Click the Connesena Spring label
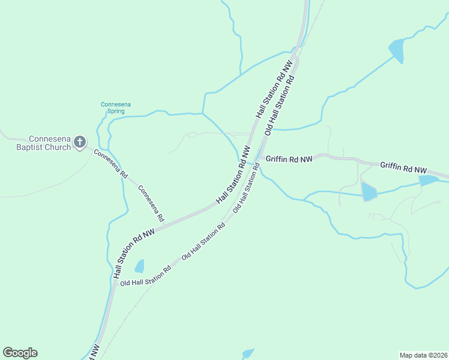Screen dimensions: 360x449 point(115,107)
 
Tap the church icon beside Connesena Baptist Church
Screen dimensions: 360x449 point(80,143)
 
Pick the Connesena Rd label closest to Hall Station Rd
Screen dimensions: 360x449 point(151,202)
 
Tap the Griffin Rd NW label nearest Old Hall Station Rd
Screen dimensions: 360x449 point(289,159)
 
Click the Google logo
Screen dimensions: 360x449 point(20,353)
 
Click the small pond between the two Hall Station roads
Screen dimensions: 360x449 point(139,266)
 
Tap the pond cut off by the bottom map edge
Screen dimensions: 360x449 point(247,353)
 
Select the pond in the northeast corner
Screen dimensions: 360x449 point(397,50)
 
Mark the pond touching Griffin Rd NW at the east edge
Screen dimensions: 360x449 point(429,180)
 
